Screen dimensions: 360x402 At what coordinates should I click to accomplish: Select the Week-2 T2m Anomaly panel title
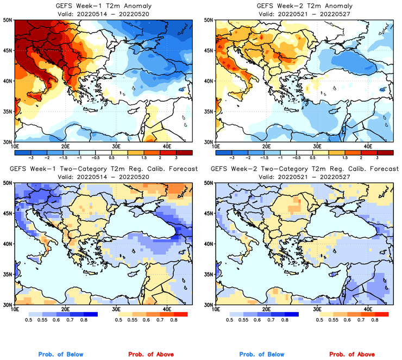303,5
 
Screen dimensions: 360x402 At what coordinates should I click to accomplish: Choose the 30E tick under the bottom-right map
317,309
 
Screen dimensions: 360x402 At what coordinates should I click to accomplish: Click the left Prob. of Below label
61,355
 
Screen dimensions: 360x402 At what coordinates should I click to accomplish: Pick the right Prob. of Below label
261,355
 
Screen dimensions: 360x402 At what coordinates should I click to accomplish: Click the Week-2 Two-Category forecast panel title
303,170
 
